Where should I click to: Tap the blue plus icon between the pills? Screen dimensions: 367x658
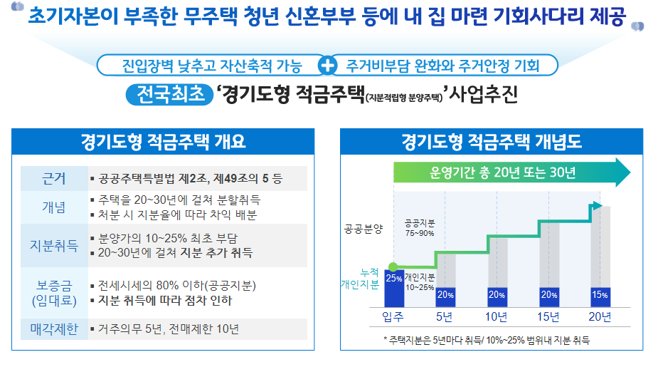tap(328, 66)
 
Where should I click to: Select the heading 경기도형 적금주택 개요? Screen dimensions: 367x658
tap(163, 141)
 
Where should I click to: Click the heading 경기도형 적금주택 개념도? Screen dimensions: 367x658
tap(492, 141)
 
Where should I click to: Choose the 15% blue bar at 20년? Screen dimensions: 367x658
tap(600, 294)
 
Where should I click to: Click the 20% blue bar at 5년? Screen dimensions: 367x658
tap(445, 294)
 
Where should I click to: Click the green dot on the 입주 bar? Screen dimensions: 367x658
tap(393, 267)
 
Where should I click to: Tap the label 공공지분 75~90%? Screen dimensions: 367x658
tap(420, 227)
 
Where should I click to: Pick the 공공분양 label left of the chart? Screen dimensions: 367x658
tap(363, 229)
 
